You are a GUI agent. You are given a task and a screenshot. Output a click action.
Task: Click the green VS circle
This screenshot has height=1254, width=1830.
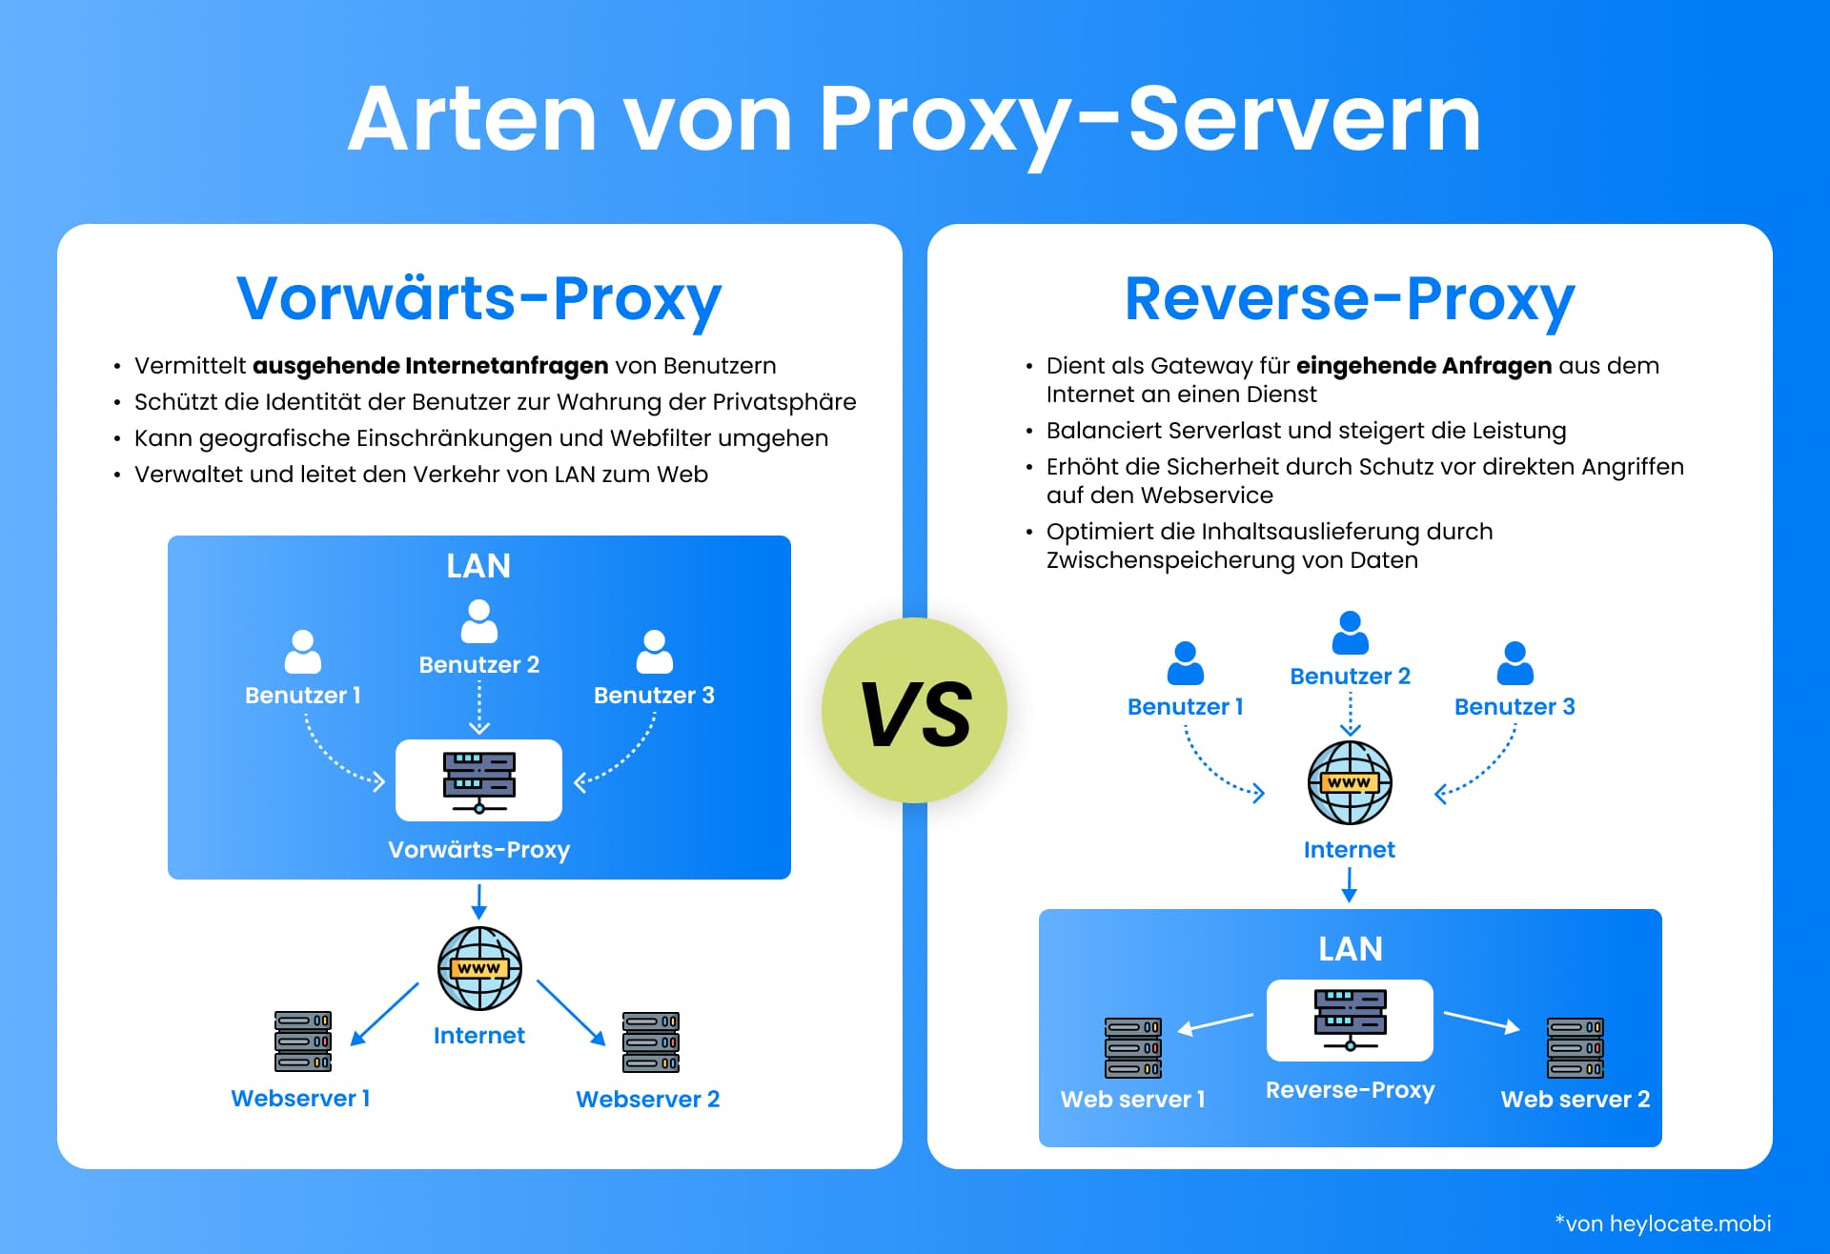914,711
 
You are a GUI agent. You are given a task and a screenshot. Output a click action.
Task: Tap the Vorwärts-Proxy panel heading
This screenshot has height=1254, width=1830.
478,298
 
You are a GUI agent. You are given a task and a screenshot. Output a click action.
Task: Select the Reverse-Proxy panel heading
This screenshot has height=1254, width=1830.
1349,298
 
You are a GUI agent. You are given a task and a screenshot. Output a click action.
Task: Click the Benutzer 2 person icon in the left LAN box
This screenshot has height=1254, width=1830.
478,621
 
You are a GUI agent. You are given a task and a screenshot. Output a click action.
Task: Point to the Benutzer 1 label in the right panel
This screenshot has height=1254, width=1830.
1185,707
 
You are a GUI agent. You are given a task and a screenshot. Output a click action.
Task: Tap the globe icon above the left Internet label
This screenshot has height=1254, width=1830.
478,968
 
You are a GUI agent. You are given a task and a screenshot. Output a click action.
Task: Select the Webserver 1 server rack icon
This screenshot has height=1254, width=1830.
303,1042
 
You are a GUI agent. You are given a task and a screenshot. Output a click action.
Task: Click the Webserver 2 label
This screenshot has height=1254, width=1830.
647,1099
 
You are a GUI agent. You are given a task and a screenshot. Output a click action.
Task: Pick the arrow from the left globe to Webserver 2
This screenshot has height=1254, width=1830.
570,1012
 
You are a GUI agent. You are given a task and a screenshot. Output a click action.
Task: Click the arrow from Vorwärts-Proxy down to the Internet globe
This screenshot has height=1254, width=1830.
478,901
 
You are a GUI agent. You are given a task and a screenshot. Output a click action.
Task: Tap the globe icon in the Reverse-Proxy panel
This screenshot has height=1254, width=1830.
1350,782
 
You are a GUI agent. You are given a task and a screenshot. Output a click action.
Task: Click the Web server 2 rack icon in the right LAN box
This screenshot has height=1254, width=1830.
1575,1048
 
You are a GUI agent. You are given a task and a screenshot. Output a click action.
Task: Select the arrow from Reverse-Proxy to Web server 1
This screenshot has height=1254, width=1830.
1215,1023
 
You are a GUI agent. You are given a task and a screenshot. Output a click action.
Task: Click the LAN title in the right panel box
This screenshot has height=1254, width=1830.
1350,949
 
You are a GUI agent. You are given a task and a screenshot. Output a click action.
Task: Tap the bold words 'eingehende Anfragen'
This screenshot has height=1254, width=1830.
1424,366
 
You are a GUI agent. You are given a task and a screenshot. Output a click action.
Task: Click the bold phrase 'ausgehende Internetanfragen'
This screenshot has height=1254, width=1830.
430,366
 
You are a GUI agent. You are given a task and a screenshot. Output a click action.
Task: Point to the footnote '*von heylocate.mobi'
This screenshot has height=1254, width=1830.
1662,1224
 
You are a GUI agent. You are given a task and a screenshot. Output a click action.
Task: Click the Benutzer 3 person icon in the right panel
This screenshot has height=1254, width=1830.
1515,663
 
